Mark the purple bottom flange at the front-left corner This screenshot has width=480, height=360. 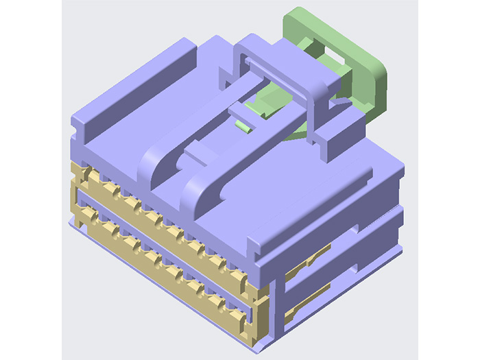click(75, 223)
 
